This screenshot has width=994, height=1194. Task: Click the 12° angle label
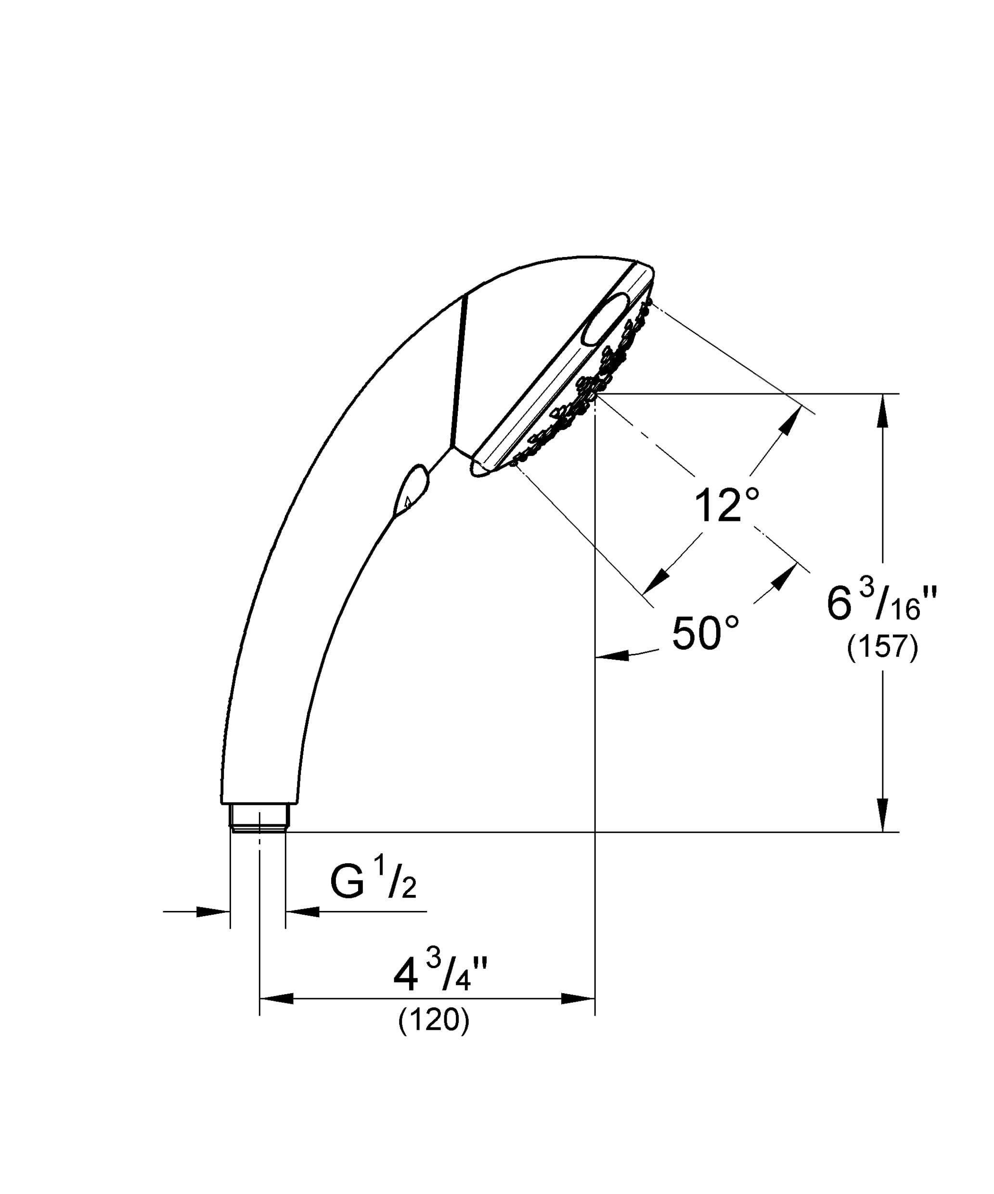pyautogui.click(x=727, y=505)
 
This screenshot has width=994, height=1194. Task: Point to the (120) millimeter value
pyautogui.click(x=434, y=1037)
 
